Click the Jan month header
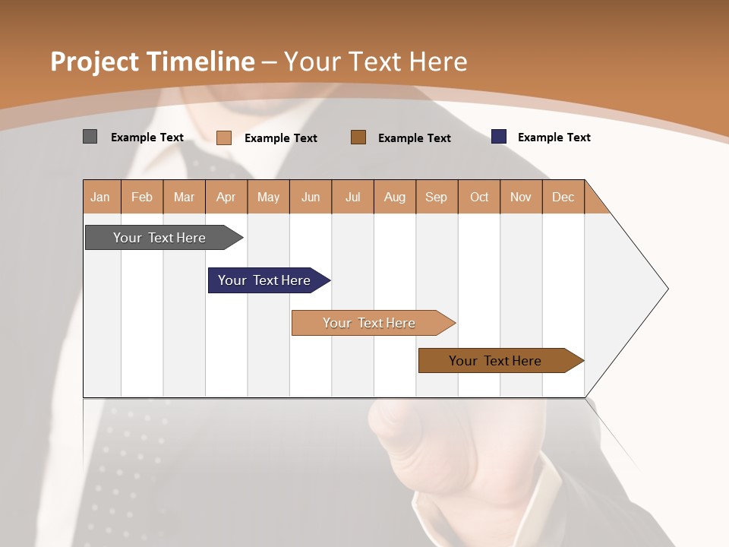coord(101,197)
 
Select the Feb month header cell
coord(142,197)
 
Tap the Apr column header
coord(226,197)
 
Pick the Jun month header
coord(311,197)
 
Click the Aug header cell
coord(395,197)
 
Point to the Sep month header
coord(437,197)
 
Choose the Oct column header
coord(479,197)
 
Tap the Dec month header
coord(563,197)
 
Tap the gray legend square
coord(90,137)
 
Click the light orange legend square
coord(224,138)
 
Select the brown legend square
coord(358,137)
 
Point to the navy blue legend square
coord(499,137)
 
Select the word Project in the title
coord(94,62)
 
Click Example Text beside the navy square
coord(554,138)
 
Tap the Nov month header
coord(521,197)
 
